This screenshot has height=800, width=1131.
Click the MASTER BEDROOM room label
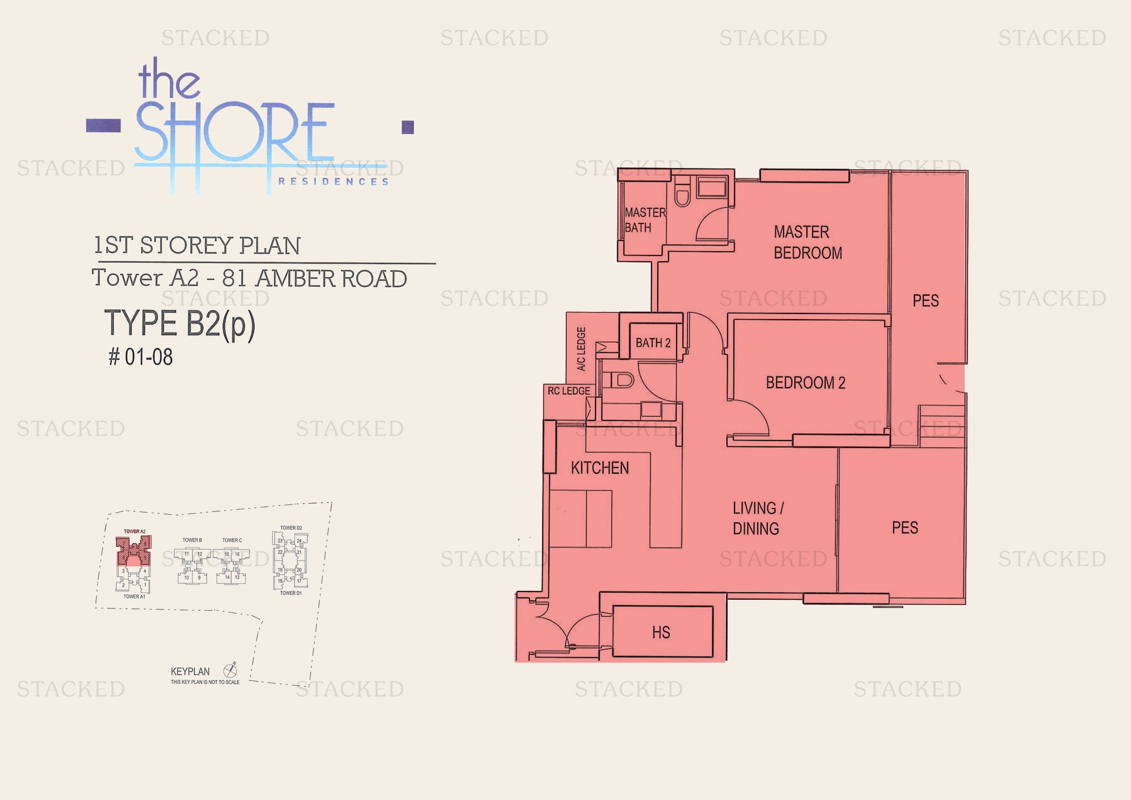[x=808, y=242]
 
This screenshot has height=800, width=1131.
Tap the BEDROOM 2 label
[x=806, y=383]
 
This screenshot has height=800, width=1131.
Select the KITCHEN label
[x=600, y=468]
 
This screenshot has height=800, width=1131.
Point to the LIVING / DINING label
[x=757, y=518]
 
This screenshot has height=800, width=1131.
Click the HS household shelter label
[x=661, y=633]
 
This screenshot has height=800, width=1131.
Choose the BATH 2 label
[x=653, y=343]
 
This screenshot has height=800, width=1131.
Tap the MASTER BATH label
[x=644, y=220]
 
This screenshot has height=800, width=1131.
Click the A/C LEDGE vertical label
[x=581, y=348]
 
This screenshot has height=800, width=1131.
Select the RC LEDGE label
[x=569, y=391]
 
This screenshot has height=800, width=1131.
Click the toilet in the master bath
[x=683, y=195]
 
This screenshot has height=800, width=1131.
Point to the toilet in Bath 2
[x=623, y=380]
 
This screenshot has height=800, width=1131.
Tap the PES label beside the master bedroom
[x=925, y=300]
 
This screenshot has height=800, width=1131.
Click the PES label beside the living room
[x=905, y=528]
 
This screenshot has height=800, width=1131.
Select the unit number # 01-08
[x=141, y=357]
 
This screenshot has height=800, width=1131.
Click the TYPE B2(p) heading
[x=180, y=324]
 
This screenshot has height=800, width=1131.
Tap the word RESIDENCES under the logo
[x=334, y=182]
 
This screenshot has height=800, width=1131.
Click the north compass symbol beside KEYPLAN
[x=230, y=670]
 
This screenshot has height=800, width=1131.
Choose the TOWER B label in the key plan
[x=192, y=540]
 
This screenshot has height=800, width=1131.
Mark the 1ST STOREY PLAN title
[x=197, y=245]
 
